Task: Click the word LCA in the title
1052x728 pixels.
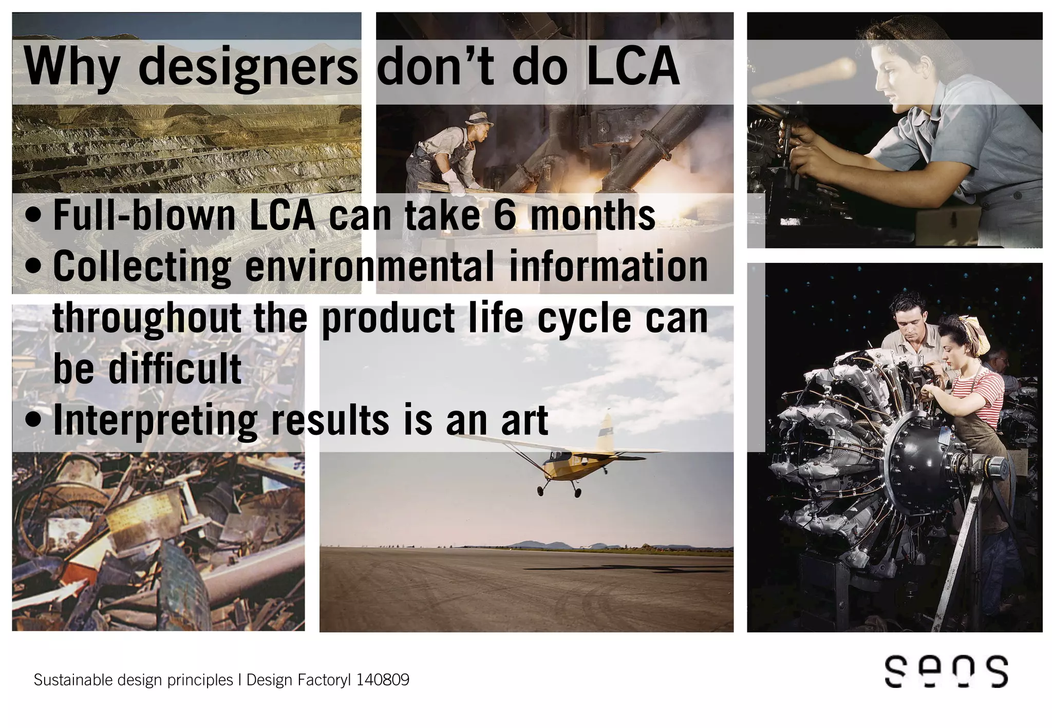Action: click(633, 67)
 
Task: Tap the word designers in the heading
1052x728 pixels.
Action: click(248, 68)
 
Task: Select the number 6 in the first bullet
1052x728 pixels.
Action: click(504, 215)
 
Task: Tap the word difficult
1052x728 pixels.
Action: click(175, 369)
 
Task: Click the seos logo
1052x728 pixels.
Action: click(946, 671)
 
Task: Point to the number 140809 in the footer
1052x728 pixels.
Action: click(383, 680)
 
